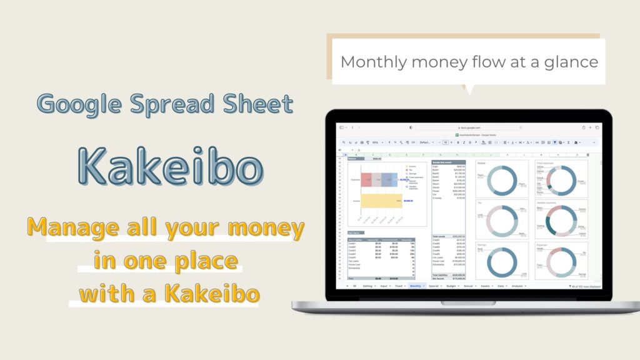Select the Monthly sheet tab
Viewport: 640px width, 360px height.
[417, 286]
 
